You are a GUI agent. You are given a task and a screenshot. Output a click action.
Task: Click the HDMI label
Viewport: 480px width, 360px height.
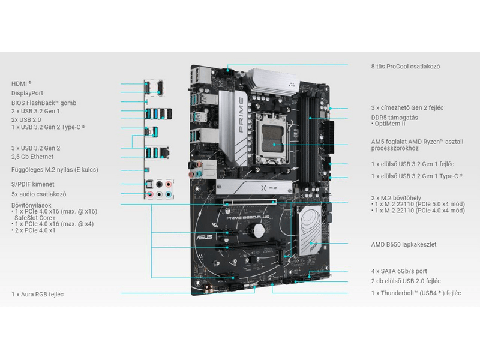20,83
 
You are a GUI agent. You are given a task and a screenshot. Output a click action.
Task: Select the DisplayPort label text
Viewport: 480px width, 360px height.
27,93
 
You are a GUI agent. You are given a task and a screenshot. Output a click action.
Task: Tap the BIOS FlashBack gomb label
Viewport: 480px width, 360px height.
43,103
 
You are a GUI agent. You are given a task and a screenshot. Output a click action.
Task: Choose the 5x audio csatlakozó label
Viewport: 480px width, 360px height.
38,194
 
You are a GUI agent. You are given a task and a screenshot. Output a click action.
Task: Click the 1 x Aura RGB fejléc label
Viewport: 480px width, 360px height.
37,294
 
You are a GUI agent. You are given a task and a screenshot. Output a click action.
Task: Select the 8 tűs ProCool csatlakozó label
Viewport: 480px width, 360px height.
405,66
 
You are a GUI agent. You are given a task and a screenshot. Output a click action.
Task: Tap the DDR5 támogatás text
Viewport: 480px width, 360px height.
394,116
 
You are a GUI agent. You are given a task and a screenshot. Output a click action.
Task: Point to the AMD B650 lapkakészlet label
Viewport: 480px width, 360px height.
403,244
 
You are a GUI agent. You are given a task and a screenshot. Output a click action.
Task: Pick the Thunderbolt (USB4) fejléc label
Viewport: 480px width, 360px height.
415,293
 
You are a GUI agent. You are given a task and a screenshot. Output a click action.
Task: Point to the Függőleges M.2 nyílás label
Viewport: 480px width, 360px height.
55,170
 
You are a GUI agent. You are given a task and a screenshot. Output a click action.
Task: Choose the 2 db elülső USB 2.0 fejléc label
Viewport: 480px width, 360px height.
406,281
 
